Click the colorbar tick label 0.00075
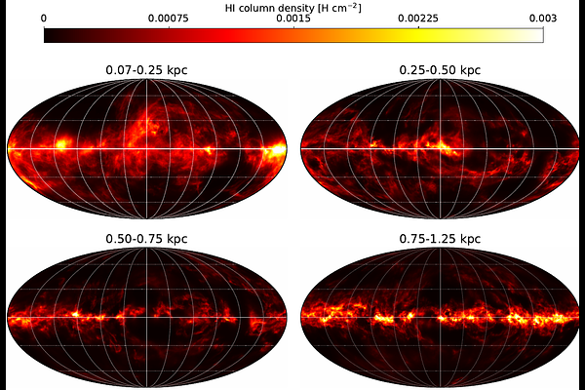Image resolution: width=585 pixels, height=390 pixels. [169, 19]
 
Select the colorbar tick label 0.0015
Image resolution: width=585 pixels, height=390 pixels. [293, 19]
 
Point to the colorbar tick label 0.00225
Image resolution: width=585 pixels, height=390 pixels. [418, 19]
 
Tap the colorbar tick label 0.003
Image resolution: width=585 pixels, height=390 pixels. [543, 19]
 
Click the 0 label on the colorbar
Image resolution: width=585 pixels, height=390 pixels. [44, 19]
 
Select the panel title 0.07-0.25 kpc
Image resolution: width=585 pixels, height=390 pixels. [146, 70]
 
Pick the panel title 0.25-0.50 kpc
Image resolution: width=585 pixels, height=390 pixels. [440, 70]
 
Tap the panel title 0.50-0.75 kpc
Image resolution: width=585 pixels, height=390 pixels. [146, 239]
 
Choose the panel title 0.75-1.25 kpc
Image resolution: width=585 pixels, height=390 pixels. [440, 239]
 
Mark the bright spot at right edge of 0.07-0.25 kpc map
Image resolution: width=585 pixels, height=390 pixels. [277, 149]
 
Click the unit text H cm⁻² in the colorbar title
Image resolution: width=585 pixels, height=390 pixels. [339, 8]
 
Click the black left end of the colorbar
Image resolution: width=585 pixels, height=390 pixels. [46, 35]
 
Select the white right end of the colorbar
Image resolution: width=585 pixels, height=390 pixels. [541, 35]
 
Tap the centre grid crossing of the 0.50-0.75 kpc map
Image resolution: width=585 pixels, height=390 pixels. [146, 318]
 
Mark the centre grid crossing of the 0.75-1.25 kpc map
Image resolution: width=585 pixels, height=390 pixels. [441, 318]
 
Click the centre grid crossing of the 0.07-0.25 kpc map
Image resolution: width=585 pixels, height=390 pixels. [146, 149]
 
